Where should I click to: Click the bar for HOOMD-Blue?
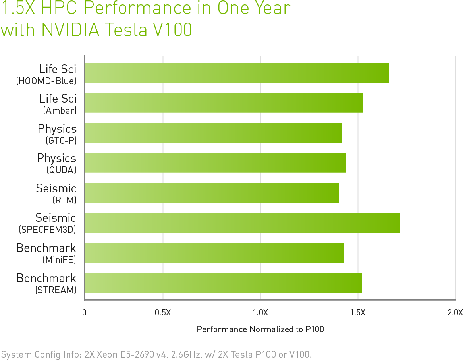coord(237,73)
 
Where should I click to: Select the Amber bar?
coord(224,103)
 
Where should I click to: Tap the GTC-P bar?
coord(213,133)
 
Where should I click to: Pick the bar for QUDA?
coord(215,163)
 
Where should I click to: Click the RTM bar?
coord(212,193)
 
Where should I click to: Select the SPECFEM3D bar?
coord(242,223)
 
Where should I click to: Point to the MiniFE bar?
coord(214,253)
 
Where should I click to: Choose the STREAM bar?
coord(223,283)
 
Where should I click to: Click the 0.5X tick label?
coord(163,312)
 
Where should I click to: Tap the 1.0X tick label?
coord(260,312)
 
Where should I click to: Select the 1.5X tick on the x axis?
coord(358,312)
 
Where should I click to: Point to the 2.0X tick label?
coord(455,312)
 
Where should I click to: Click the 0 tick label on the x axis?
coord(84,312)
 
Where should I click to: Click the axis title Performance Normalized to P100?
coord(260,329)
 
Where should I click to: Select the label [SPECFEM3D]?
coord(47,230)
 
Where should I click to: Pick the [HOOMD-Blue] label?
coord(46,81)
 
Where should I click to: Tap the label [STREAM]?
coord(56,290)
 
